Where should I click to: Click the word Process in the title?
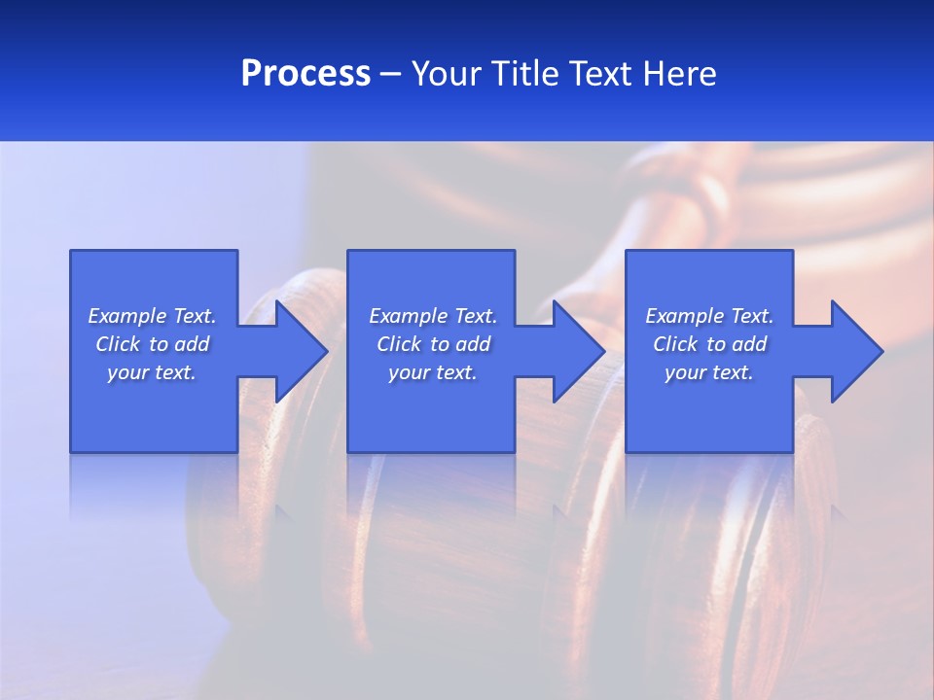tap(305, 74)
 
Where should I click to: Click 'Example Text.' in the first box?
tap(152, 316)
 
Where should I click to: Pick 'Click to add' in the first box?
tap(152, 344)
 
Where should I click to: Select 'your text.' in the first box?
tap(152, 372)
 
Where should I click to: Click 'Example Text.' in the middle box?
tap(433, 316)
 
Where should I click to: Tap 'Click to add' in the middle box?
tap(433, 344)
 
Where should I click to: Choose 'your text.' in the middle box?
tap(433, 372)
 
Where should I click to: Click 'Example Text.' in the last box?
tap(709, 316)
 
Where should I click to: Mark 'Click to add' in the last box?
tap(709, 344)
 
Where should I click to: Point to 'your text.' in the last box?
tap(709, 372)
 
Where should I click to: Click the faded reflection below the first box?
tap(154, 486)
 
